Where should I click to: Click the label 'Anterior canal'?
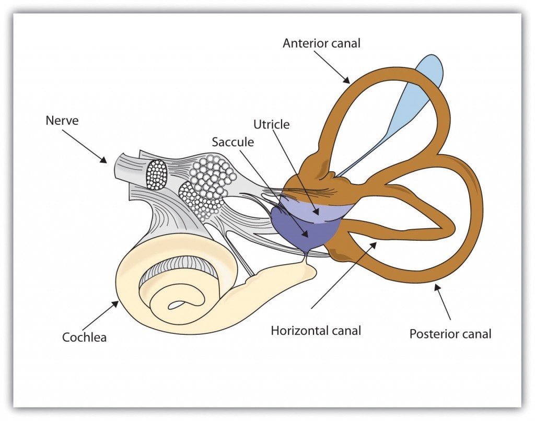coord(321,43)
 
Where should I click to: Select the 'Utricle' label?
coord(271,124)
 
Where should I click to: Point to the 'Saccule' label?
coord(232,142)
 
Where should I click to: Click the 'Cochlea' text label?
coord(84,337)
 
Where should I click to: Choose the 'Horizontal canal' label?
coord(316,330)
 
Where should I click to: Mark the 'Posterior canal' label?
coord(450,333)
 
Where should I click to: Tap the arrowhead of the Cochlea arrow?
coord(118,302)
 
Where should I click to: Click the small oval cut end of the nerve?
coord(156,174)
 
